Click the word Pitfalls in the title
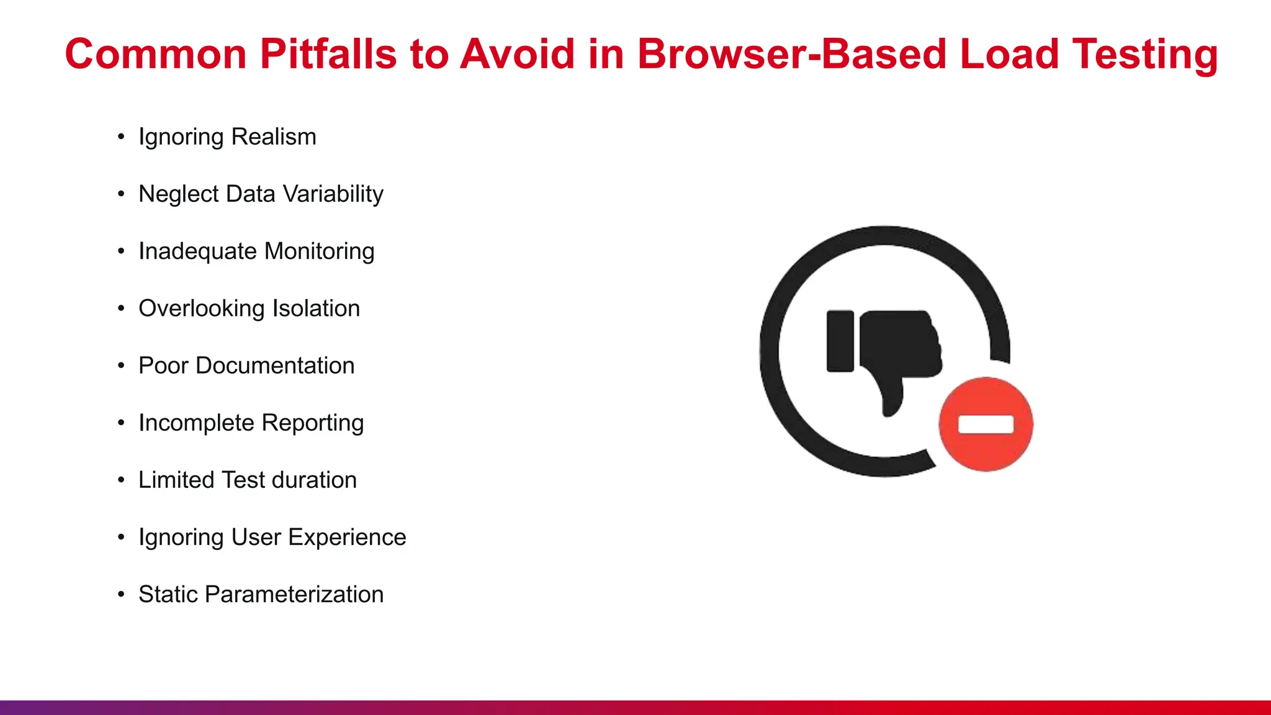[x=328, y=55]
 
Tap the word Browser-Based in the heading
[x=791, y=55]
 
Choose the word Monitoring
[x=319, y=251]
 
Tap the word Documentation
[x=275, y=366]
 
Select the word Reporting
[x=312, y=423]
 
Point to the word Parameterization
[x=294, y=595]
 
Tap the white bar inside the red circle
[x=986, y=425]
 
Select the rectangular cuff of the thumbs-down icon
[x=840, y=341]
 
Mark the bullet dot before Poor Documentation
[x=121, y=366]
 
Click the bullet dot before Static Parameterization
[x=121, y=595]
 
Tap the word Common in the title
[x=156, y=55]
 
